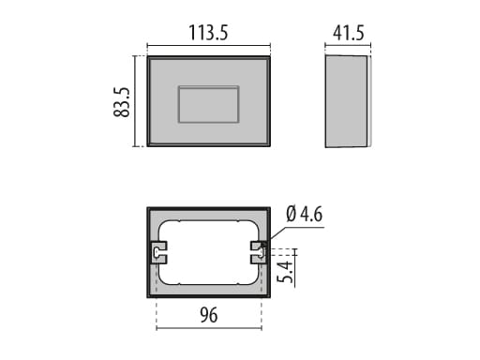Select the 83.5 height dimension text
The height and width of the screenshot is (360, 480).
coord(121,101)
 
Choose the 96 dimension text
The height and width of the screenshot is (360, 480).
coord(208,316)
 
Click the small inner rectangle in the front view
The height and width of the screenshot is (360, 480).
coord(208,104)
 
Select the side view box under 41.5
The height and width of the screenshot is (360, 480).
coord(344,101)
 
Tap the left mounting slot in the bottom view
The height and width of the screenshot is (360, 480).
coord(157,250)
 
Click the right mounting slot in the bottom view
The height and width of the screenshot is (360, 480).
coord(259,250)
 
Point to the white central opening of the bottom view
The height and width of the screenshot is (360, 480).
coord(208,250)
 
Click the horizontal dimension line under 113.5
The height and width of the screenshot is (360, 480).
coord(208,45)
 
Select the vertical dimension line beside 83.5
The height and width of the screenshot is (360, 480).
coord(137,101)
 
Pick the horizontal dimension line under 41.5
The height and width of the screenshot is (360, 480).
coord(346,45)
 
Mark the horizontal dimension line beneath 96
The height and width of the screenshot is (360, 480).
coord(208,328)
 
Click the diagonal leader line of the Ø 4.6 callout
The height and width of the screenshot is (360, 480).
coord(273,234)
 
